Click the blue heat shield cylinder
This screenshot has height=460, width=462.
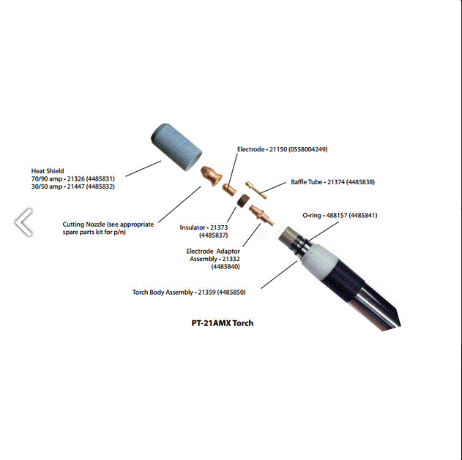[x=176, y=147]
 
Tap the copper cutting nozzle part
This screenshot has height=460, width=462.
[x=211, y=176]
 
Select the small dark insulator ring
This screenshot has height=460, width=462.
[x=243, y=201]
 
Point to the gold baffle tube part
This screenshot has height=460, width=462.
[x=256, y=190]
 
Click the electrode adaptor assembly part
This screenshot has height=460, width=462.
[x=261, y=216]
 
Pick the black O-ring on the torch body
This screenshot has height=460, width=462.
[x=300, y=244]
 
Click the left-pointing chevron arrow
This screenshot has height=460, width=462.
[x=23, y=222]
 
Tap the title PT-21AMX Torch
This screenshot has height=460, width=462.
[x=223, y=323]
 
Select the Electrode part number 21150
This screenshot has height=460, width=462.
[x=278, y=149]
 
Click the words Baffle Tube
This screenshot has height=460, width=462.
[x=307, y=182]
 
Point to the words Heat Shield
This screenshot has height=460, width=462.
[x=48, y=171]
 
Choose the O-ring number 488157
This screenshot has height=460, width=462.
[x=337, y=216]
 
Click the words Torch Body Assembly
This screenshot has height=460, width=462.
[x=163, y=293]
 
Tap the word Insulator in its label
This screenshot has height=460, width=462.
[x=193, y=227]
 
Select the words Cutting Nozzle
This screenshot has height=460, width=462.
[x=83, y=225]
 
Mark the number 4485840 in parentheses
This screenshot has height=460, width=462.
[x=226, y=267]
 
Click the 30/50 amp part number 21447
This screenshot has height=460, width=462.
[x=75, y=186]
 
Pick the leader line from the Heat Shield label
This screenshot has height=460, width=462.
[x=144, y=168]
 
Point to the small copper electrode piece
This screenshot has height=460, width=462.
[x=229, y=189]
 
